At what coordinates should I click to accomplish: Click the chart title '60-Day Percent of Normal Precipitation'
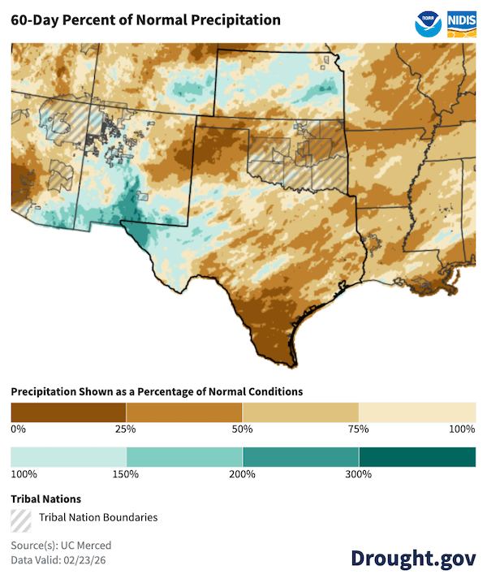pyautogui.click(x=145, y=19)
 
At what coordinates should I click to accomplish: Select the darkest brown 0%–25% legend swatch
pyautogui.click(x=68, y=412)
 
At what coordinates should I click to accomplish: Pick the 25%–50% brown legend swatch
pyautogui.click(x=184, y=412)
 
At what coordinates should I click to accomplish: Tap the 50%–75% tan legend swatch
pyautogui.click(x=300, y=412)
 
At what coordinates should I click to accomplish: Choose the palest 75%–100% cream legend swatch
pyautogui.click(x=417, y=412)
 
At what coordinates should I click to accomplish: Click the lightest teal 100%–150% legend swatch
pyautogui.click(x=68, y=457)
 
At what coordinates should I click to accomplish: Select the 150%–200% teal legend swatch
pyautogui.click(x=184, y=457)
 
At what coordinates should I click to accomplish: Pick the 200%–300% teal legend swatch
pyautogui.click(x=300, y=457)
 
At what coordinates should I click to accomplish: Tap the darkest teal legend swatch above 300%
pyautogui.click(x=417, y=457)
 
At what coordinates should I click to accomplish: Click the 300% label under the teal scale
pyautogui.click(x=359, y=474)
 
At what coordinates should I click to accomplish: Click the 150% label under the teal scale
pyautogui.click(x=127, y=474)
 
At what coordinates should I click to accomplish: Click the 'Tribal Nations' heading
pyautogui.click(x=45, y=499)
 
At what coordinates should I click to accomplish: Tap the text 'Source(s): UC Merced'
pyautogui.click(x=61, y=546)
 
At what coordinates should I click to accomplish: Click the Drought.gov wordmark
pyautogui.click(x=413, y=558)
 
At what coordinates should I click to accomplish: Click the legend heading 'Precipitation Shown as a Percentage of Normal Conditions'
pyautogui.click(x=157, y=391)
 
